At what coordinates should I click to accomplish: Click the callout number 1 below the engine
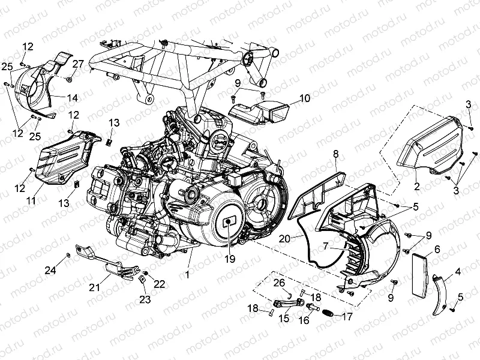(x=190, y=275)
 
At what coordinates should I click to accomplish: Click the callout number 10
(x=304, y=98)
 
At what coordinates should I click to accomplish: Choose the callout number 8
(x=336, y=155)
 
